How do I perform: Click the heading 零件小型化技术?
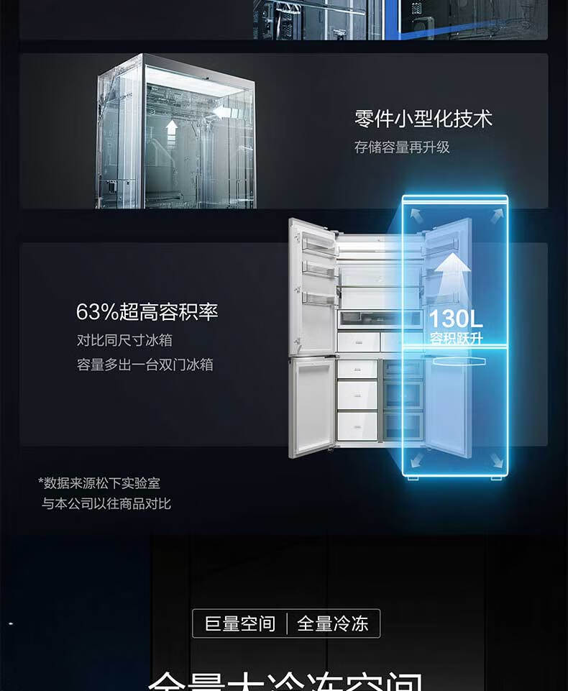[x=423, y=119]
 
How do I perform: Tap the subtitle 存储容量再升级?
[x=402, y=147]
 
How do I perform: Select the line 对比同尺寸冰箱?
[x=124, y=340]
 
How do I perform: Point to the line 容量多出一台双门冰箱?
[x=145, y=365]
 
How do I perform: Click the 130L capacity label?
[x=456, y=319]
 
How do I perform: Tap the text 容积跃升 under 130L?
[x=456, y=338]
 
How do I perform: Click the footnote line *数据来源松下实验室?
[x=99, y=483]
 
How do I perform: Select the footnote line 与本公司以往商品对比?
[x=106, y=503]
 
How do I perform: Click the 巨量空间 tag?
[x=240, y=623]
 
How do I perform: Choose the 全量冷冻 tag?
[x=333, y=623]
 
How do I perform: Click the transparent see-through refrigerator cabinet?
[x=176, y=133]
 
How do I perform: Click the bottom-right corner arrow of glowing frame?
[x=495, y=460]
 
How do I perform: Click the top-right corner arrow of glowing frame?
[x=496, y=214]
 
